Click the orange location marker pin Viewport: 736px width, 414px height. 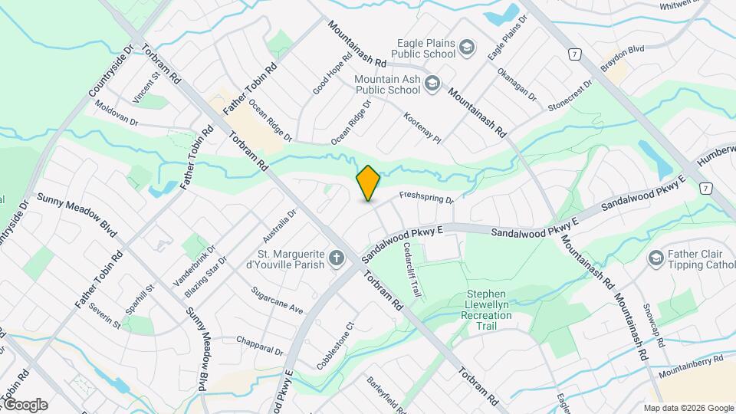coord(369,183)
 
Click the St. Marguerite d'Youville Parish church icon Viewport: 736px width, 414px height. coord(336,258)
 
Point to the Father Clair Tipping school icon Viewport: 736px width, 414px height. coord(655,258)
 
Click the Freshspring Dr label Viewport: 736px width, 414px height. coord(427,198)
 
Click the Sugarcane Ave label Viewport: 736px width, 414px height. coord(278,301)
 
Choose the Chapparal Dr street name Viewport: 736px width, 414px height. coord(260,345)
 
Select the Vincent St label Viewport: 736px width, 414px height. coord(145,87)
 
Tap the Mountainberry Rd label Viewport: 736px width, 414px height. coord(692,366)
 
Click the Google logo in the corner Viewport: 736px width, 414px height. coord(25,404)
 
